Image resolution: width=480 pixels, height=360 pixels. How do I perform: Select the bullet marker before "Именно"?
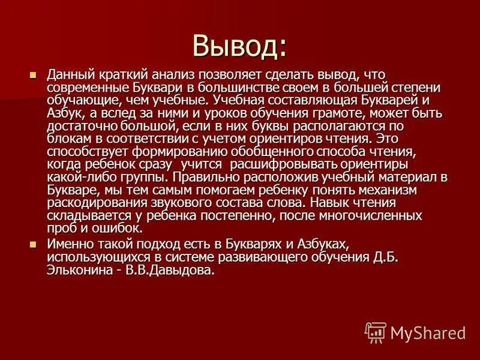point(34,244)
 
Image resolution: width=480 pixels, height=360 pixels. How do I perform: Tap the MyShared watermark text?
point(428,332)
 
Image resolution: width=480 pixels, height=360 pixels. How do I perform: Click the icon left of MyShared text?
point(376,332)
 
